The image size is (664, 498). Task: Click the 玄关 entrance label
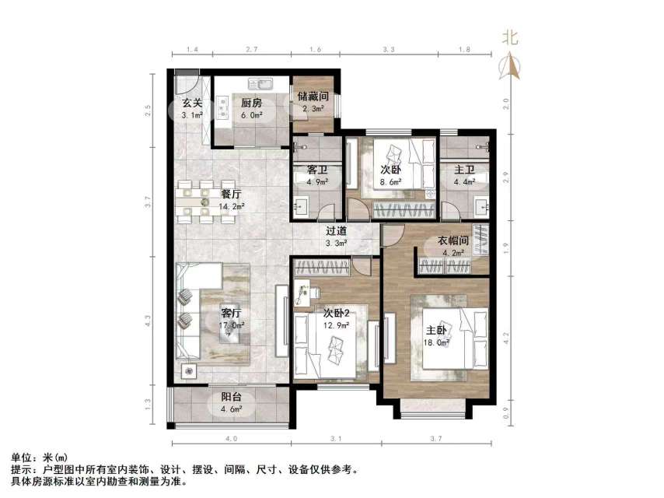192,103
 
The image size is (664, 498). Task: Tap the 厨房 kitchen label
250,103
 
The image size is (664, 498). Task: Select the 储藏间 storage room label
313,97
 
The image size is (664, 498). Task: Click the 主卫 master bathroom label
464,169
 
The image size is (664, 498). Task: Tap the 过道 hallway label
336,230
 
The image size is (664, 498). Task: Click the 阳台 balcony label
231,395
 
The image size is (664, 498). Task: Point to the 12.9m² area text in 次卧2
336,327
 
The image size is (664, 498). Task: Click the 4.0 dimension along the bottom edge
230,440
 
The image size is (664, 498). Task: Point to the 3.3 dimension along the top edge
389,50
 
